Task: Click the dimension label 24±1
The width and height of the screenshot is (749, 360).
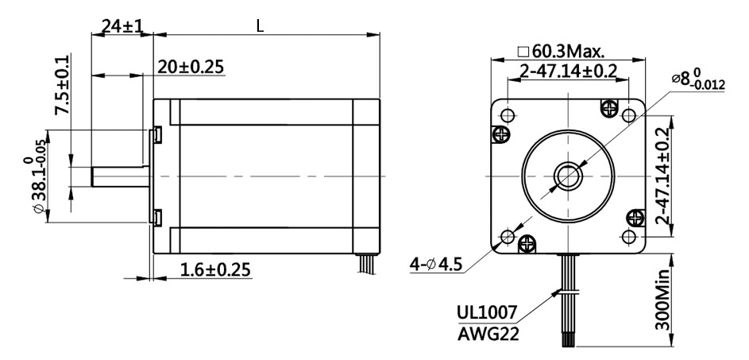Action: [117, 26]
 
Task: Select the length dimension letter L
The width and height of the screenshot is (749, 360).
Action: [260, 25]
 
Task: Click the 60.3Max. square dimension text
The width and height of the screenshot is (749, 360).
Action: [562, 52]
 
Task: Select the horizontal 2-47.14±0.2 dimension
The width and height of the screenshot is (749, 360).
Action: [568, 72]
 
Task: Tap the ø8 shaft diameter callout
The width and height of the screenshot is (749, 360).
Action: [698, 80]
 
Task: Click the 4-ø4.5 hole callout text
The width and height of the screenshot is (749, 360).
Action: [435, 263]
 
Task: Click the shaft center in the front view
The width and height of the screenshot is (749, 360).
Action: [568, 176]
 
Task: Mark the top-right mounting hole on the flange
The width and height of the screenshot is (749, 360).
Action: [627, 115]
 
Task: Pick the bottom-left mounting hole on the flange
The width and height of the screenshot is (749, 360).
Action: [508, 236]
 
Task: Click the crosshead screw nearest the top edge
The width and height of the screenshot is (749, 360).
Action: [609, 106]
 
